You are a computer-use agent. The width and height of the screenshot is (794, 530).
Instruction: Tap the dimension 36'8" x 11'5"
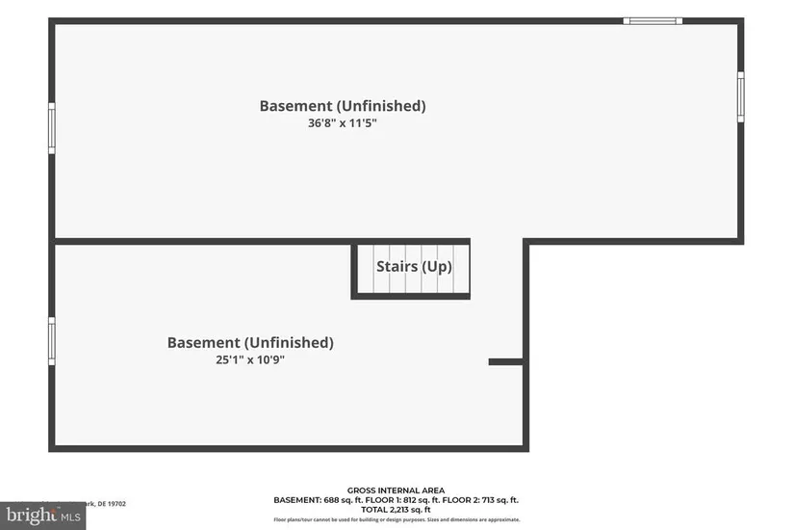coord(342,123)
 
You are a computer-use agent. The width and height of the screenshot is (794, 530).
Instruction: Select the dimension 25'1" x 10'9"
coord(250,359)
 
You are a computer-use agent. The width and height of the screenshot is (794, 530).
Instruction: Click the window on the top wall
coord(652,20)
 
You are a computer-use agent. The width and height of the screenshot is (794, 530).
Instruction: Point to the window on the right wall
coord(740,96)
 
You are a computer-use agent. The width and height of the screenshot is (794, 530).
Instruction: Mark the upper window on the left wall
coord(52,128)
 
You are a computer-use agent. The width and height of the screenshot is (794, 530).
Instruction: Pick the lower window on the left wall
coord(52,336)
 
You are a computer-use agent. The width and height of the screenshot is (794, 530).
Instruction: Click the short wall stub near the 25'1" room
coord(505,361)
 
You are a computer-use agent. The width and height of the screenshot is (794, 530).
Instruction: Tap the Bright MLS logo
coord(43,515)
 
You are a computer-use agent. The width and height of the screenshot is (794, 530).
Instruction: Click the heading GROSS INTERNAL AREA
coord(396,490)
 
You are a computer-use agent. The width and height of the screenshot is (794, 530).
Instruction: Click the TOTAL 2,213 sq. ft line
coord(396,509)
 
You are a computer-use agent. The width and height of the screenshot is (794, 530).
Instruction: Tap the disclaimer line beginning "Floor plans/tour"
coord(396,519)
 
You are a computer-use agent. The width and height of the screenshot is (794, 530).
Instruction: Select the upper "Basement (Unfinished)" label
coord(342,106)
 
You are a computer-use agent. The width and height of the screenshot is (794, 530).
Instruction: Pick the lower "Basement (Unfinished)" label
coord(250,342)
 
